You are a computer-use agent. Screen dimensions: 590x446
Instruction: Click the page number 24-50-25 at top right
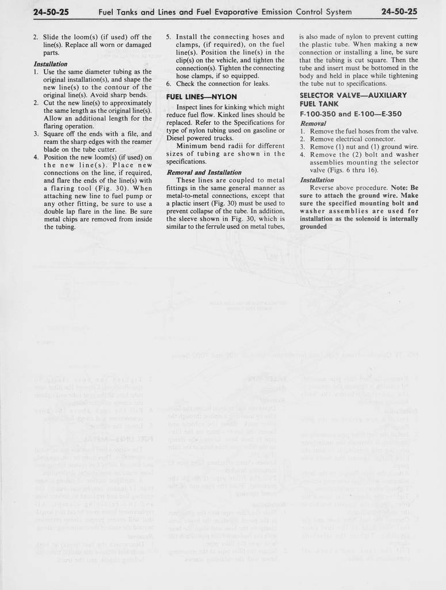[x=399, y=12]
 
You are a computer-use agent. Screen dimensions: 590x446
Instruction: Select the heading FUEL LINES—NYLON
[x=201, y=97]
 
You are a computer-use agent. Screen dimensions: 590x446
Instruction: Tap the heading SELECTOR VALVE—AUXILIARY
[x=353, y=95]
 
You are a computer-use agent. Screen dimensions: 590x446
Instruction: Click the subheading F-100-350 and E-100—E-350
[x=351, y=114]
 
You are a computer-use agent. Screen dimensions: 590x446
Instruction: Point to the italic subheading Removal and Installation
[x=204, y=172]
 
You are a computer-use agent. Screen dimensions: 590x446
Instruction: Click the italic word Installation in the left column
[x=51, y=64]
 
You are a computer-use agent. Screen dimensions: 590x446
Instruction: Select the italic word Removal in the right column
[x=313, y=123]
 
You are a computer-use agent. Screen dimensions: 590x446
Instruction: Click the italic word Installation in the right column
[x=317, y=180]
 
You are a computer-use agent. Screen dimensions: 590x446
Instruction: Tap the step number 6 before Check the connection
[x=169, y=84]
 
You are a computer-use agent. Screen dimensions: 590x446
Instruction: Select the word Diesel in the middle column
[x=177, y=138]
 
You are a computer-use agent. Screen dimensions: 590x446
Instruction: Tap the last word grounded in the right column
[x=313, y=226]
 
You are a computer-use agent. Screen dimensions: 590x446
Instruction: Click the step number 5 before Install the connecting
[x=169, y=37]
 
